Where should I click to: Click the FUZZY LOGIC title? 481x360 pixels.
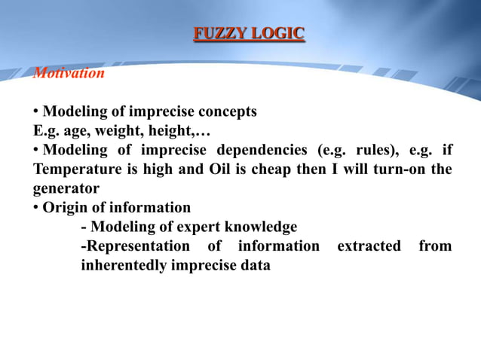click(x=249, y=33)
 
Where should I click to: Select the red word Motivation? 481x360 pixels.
click(x=69, y=73)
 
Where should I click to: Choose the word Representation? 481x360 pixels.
click(x=136, y=246)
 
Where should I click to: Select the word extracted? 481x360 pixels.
click(x=369, y=246)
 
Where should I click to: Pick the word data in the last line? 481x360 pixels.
click(x=254, y=265)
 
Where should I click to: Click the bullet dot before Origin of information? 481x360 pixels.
click(x=36, y=207)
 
